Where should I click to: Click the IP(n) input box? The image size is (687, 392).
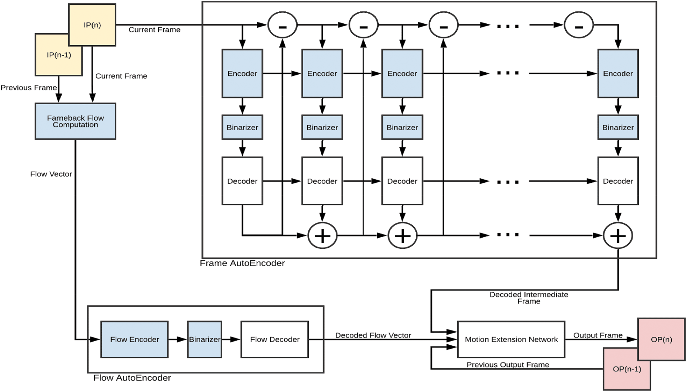pos(92,25)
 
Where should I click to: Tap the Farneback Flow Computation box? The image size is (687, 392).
pos(75,121)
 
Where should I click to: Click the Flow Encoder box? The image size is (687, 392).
pos(135,339)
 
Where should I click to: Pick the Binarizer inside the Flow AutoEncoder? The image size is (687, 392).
pos(205,339)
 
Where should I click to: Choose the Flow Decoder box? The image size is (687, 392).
pos(275,339)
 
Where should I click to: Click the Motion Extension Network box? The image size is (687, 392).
pos(511,339)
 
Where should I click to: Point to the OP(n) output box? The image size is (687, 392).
pos(661,339)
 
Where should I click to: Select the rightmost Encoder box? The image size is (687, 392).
pos(618,74)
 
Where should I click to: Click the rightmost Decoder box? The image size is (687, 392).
pos(618,181)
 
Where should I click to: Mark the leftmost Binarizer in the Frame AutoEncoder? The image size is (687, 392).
pos(242,127)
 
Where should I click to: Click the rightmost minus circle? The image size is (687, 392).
pos(579,25)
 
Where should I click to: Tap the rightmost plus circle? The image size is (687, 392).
pos(618,236)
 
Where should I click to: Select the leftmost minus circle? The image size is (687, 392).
pos(282,25)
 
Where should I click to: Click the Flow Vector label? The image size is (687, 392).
pos(51,174)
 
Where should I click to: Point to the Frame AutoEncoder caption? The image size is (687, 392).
pos(242,263)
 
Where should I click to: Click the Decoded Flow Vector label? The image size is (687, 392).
pos(373,335)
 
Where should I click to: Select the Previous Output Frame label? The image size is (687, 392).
pos(508,365)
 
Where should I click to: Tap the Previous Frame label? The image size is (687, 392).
pos(28,88)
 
